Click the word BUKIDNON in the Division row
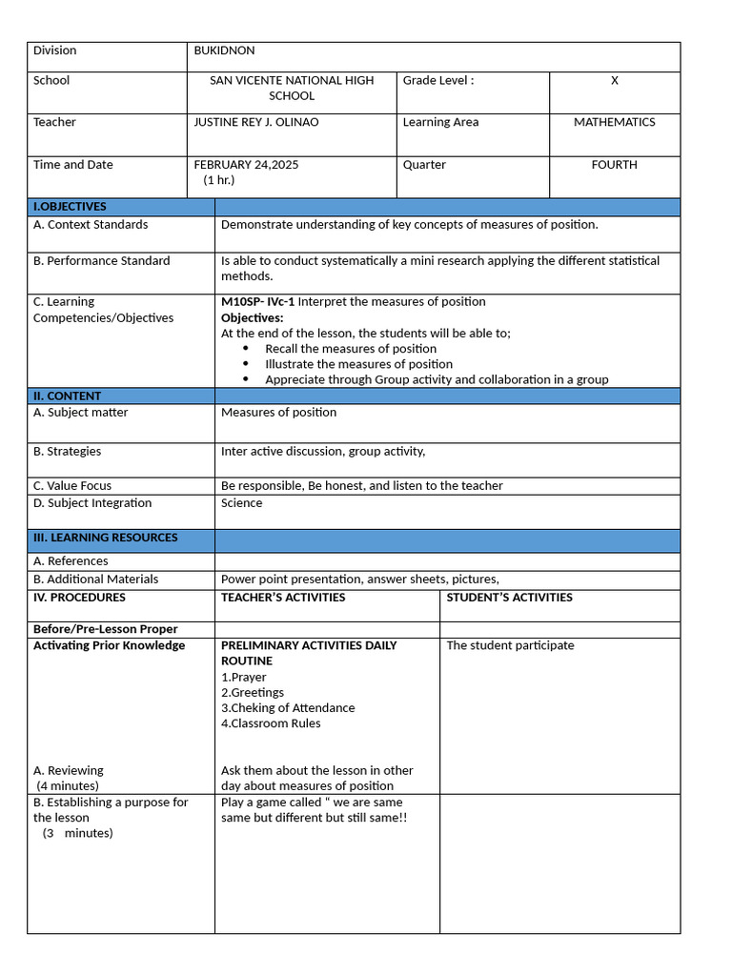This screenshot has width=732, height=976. pyautogui.click(x=224, y=51)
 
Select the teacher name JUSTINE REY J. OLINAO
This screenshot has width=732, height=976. pyautogui.click(x=256, y=122)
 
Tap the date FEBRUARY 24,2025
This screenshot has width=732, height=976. pyautogui.click(x=246, y=165)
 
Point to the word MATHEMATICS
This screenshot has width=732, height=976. pyautogui.click(x=614, y=122)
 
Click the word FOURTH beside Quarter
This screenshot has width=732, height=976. pyautogui.click(x=614, y=165)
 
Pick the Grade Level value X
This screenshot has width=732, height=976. pyautogui.click(x=615, y=81)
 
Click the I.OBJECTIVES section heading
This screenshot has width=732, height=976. pyautogui.click(x=70, y=207)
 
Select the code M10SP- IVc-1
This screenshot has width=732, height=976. pyautogui.click(x=257, y=302)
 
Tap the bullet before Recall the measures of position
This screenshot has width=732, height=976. pyautogui.click(x=246, y=349)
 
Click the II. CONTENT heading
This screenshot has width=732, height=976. pyautogui.click(x=67, y=396)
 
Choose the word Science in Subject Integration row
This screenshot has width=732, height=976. pyautogui.click(x=241, y=503)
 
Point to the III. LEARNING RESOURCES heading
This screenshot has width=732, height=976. pyautogui.click(x=105, y=538)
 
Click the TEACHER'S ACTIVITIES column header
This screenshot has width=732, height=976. pyautogui.click(x=283, y=598)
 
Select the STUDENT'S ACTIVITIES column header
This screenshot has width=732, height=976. pyautogui.click(x=509, y=598)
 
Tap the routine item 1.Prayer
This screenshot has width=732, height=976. pyautogui.click(x=243, y=678)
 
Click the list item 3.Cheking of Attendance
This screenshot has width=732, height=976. pyautogui.click(x=288, y=708)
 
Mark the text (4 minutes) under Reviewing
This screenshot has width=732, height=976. pyautogui.click(x=68, y=786)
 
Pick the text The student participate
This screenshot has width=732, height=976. pyautogui.click(x=510, y=645)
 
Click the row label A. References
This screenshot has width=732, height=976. pyautogui.click(x=71, y=561)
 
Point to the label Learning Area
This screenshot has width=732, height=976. pyautogui.click(x=440, y=122)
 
